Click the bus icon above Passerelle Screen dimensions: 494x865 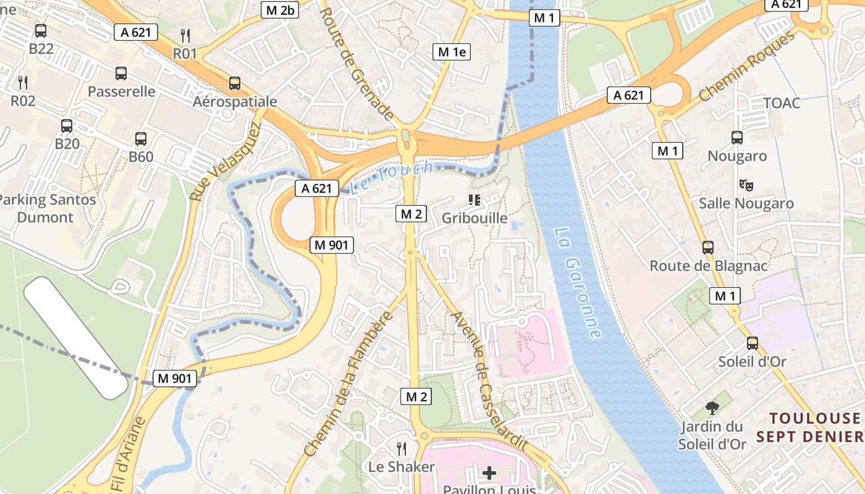pos(121,73)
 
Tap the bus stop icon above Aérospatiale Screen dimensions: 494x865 pos(234,83)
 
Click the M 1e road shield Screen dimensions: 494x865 pos(451,52)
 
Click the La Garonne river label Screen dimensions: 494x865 pos(578,282)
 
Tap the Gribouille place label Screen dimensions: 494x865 pos(475,218)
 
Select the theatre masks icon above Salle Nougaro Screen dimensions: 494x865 pos(746,185)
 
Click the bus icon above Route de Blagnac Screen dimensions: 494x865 pos(708,248)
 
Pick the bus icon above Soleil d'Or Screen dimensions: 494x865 pos(752,343)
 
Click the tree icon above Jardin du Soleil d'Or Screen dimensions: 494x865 pos(712,408)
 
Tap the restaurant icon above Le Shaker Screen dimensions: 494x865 pos(402,448)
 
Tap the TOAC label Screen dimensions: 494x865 pos(782,103)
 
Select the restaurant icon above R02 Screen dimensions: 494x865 pos(23,82)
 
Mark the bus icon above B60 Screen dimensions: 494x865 pos(141,139)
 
